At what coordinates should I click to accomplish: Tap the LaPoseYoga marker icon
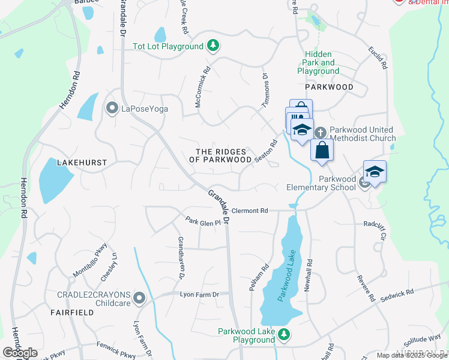click(112, 109)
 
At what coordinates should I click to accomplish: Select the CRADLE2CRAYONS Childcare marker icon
click(139, 298)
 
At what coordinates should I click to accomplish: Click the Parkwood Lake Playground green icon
click(286, 335)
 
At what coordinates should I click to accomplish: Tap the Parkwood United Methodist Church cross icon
click(321, 131)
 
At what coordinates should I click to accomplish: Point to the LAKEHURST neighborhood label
click(82, 163)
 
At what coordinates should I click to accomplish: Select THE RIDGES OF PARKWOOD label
click(220, 156)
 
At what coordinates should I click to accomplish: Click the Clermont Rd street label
click(249, 211)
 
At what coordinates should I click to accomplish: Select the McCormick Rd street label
click(202, 86)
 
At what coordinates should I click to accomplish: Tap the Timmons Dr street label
click(264, 90)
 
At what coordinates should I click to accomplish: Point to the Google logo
click(20, 353)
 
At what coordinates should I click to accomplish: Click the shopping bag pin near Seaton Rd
click(322, 151)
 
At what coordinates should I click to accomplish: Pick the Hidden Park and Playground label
click(318, 62)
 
